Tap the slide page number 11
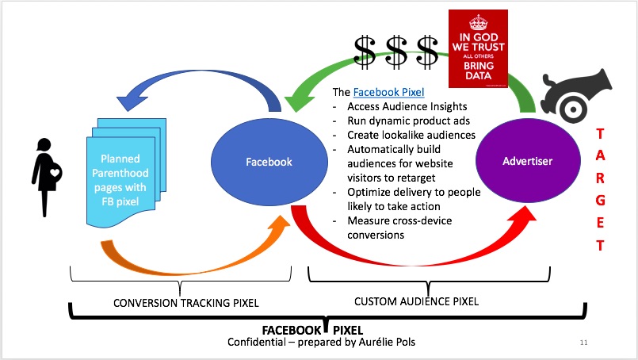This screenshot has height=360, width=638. pos(584,343)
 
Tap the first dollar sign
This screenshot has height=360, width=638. pos(366,52)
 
